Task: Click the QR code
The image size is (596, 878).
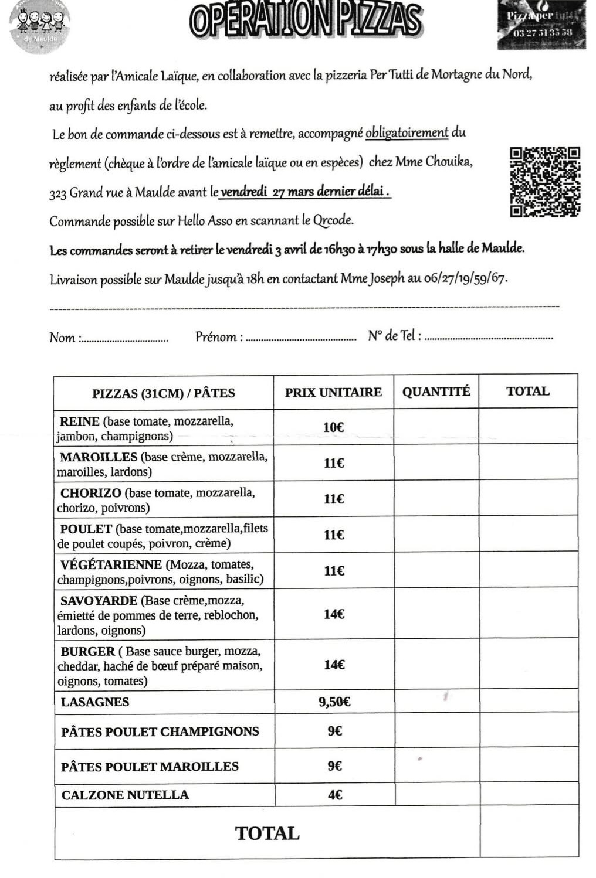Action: (545, 182)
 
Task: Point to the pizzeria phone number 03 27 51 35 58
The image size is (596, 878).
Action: (542, 33)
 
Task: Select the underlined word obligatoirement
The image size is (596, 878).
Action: (407, 133)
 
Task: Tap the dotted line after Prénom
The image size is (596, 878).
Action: (300, 338)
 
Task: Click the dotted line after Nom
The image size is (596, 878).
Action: (124, 339)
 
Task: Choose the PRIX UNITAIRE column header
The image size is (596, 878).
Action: (333, 392)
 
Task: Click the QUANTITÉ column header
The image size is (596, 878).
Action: (436, 392)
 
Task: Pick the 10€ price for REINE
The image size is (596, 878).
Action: (333, 427)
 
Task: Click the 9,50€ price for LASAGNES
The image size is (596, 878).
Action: (334, 702)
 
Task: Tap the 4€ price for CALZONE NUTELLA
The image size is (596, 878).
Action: (334, 795)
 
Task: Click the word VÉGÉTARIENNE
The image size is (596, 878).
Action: (111, 564)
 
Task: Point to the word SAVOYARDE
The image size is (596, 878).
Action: (99, 600)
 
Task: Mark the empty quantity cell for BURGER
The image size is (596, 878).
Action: (436, 664)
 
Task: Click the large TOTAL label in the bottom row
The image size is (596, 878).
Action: (267, 833)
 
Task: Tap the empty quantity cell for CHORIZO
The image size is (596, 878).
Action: (436, 499)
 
